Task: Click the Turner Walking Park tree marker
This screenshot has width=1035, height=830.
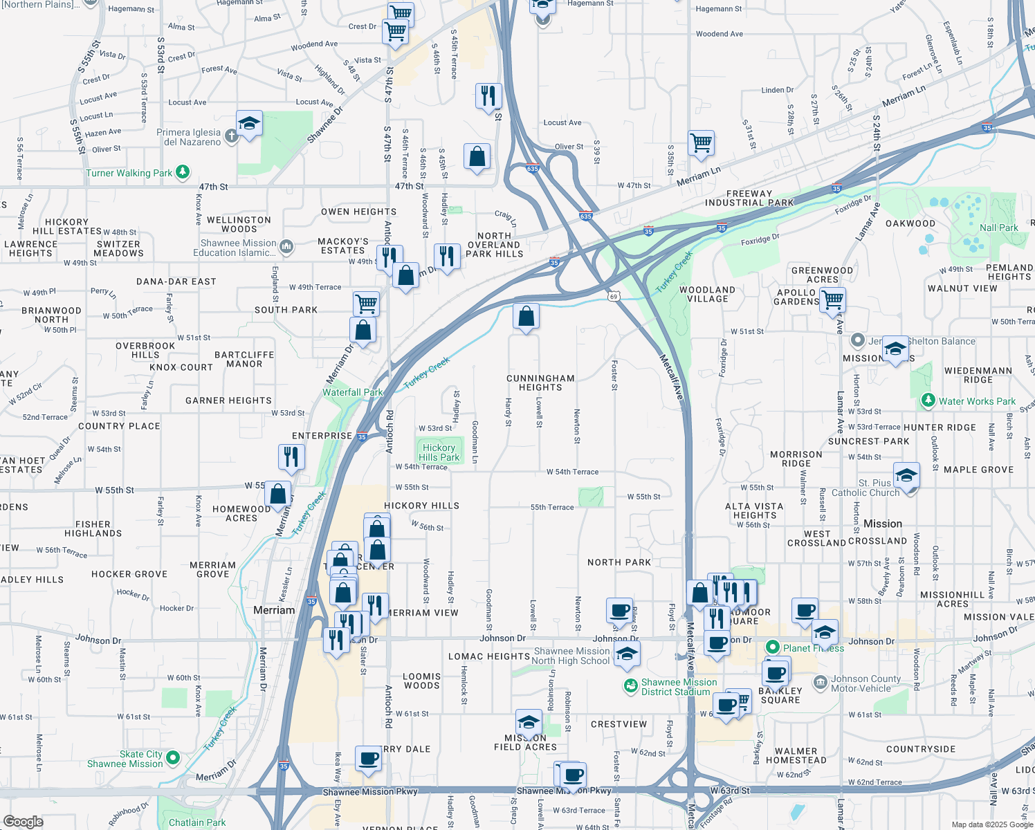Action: point(183,172)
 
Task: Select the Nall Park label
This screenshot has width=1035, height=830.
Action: point(998,228)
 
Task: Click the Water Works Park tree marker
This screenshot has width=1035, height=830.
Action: point(928,400)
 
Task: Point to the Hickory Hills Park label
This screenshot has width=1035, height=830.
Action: point(439,452)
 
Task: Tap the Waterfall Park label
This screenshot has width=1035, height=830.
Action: point(352,392)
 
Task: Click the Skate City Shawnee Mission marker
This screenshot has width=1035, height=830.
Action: point(173,758)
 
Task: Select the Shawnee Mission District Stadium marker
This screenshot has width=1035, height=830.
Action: point(630,686)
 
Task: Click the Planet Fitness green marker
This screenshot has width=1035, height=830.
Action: point(773,647)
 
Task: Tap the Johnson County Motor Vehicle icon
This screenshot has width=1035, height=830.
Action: point(820,683)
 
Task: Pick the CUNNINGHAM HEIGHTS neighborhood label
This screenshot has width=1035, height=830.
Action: point(540,382)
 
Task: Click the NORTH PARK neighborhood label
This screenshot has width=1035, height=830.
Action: point(619,562)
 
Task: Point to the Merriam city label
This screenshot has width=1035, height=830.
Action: point(274,610)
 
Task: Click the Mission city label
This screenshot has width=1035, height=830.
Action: point(883,524)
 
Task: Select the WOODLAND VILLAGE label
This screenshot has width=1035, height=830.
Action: point(707,294)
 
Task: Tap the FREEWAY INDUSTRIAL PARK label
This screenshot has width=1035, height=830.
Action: point(749,199)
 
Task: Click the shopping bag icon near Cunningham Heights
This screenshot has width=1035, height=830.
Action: point(526,317)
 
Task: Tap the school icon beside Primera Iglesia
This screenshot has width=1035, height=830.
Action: point(249,124)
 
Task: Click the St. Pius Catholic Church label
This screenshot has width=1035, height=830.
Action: point(865,488)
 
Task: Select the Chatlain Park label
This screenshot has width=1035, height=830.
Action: point(197,822)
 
